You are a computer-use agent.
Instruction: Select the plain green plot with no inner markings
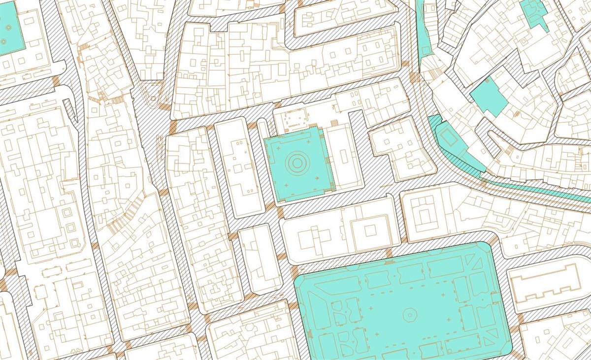pos(489,97)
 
